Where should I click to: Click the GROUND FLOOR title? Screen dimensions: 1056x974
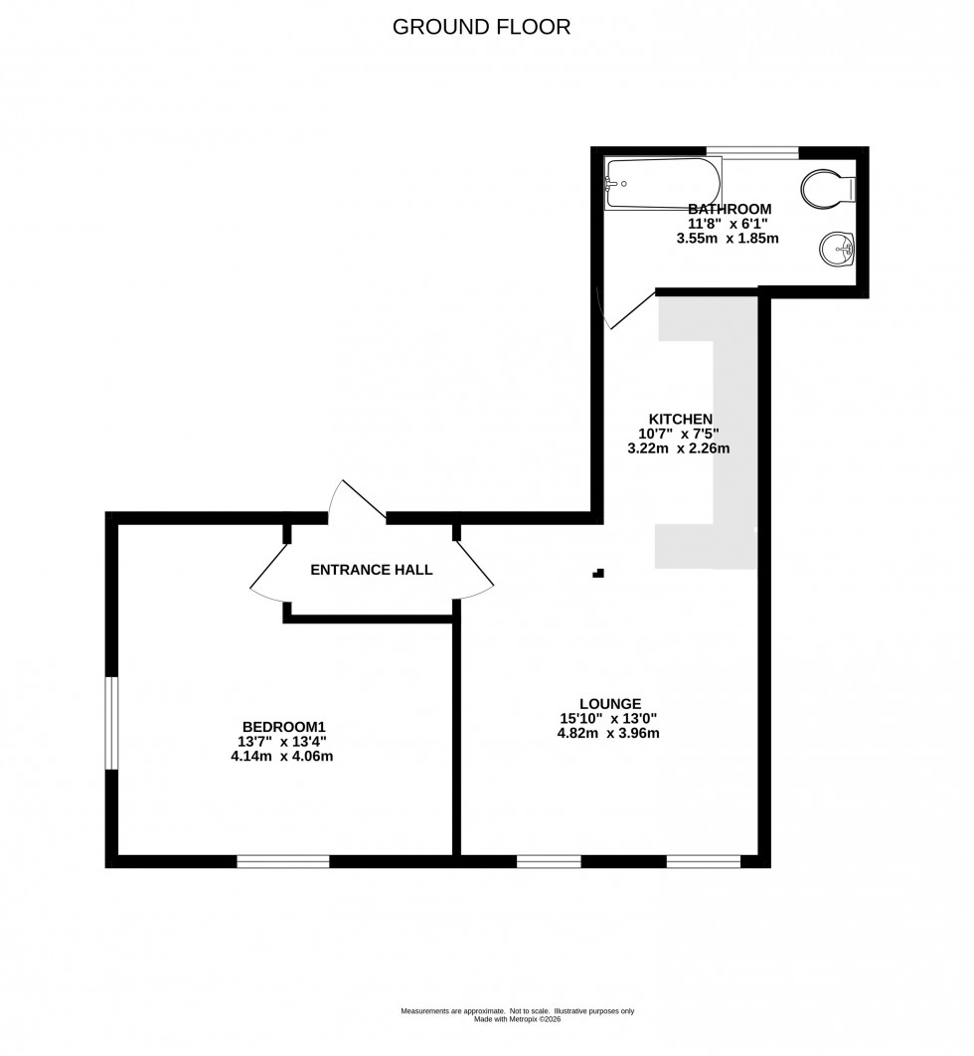pyautogui.click(x=482, y=27)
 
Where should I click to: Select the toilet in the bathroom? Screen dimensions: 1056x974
pyautogui.click(x=827, y=188)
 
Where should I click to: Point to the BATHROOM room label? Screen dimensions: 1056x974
pyautogui.click(x=730, y=209)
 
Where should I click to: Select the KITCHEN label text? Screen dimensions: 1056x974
pyautogui.click(x=680, y=419)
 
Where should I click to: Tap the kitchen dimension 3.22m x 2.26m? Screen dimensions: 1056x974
pyautogui.click(x=679, y=448)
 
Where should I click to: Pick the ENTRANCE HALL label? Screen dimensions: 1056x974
pyautogui.click(x=372, y=570)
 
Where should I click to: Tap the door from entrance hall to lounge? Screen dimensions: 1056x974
pyautogui.click(x=475, y=573)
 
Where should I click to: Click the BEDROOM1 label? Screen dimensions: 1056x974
pyautogui.click(x=284, y=726)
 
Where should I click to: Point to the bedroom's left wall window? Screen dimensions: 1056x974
pyautogui.click(x=112, y=723)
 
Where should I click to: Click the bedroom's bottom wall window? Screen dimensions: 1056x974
pyautogui.click(x=283, y=861)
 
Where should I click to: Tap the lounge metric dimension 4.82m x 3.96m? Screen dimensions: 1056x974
pyautogui.click(x=608, y=734)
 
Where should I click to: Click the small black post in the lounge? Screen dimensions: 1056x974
pyautogui.click(x=597, y=573)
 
